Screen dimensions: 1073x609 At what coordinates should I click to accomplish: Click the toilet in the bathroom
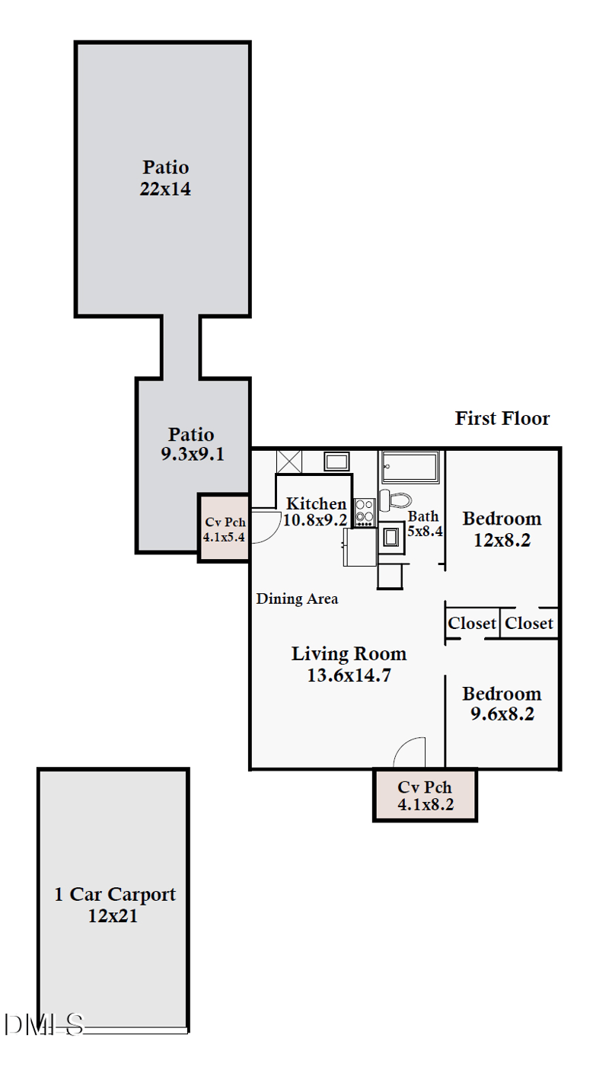[394, 500]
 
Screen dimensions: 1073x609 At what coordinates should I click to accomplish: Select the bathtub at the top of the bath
[410, 467]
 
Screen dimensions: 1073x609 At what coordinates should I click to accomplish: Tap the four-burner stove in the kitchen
[365, 512]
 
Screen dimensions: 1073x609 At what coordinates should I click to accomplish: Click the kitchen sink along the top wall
[336, 461]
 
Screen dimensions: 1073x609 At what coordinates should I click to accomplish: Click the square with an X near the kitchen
[289, 461]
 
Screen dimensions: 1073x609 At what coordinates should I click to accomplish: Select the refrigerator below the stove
[361, 548]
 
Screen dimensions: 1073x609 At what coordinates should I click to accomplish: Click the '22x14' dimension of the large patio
[165, 189]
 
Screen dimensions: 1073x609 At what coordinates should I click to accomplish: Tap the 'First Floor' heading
[502, 418]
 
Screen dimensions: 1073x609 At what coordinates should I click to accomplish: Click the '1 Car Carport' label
[114, 894]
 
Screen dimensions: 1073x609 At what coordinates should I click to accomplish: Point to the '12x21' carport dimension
[113, 916]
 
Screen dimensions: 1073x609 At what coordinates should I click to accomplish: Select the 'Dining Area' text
[297, 599]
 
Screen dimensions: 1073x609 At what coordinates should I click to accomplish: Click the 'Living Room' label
[349, 653]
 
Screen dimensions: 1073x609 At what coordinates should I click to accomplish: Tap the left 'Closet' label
[472, 623]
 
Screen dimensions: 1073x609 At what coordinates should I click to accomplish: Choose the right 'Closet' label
[529, 623]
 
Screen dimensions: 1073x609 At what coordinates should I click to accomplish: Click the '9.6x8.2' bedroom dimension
[502, 714]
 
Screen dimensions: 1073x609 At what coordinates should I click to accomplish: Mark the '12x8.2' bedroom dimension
[502, 540]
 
